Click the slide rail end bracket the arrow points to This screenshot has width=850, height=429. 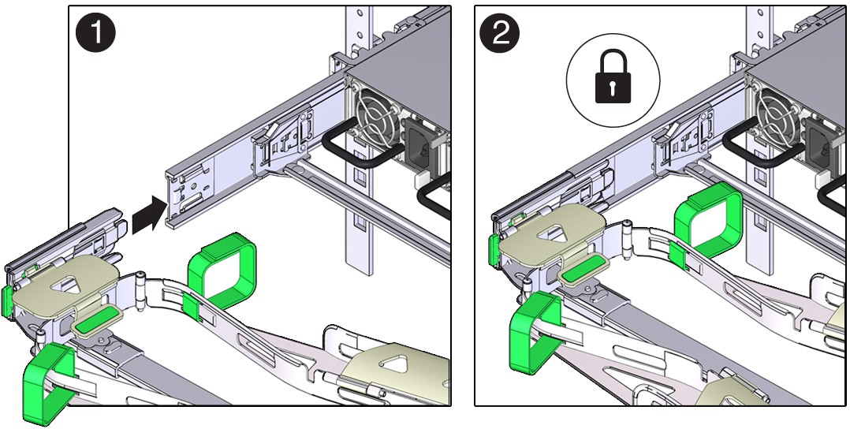[188, 197]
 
